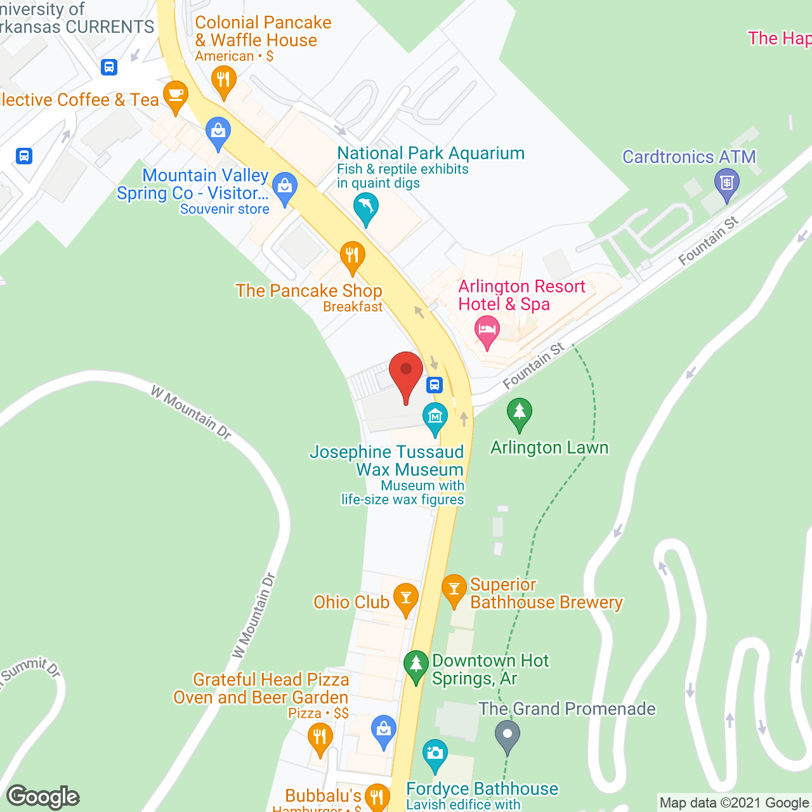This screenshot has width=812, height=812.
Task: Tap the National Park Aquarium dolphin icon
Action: [x=365, y=207]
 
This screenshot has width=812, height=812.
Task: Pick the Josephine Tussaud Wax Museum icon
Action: [x=435, y=417]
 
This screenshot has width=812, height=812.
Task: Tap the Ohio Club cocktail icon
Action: [x=405, y=598]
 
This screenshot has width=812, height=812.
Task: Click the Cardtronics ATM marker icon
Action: [x=727, y=183]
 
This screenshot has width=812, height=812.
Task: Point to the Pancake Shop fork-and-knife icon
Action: [x=352, y=256]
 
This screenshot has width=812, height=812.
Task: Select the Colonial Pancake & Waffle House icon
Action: [x=223, y=81]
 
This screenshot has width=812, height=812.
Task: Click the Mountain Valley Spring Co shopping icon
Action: [x=285, y=187]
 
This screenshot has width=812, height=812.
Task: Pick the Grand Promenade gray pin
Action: [x=507, y=735]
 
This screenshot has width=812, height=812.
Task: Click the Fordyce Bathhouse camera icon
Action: [x=435, y=754]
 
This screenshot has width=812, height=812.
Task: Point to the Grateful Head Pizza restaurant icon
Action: [x=320, y=738]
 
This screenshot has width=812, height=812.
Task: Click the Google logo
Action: [x=43, y=797]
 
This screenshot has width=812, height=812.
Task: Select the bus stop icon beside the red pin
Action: [x=434, y=384]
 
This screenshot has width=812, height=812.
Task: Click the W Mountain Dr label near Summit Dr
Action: [x=254, y=615]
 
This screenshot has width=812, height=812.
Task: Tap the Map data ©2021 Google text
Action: [x=734, y=802]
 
